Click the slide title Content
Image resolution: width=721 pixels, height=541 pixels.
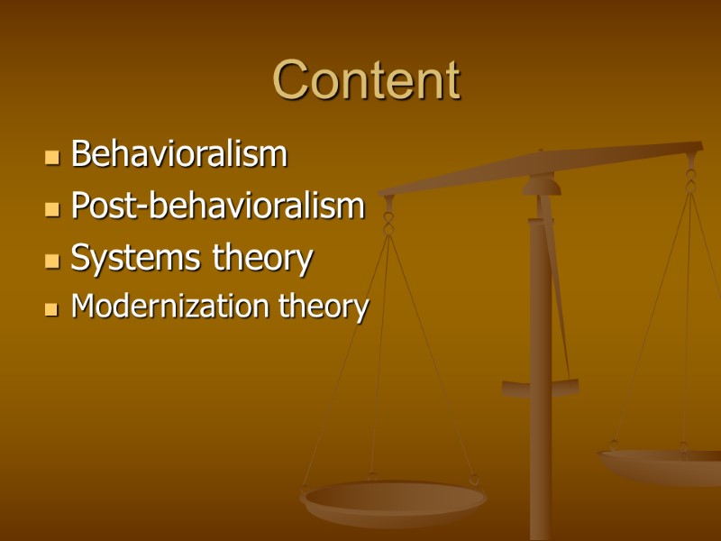(x=366, y=80)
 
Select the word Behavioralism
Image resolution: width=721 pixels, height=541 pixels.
(x=178, y=154)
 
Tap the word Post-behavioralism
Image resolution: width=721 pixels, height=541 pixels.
(x=217, y=206)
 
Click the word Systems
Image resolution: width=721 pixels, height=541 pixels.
(x=137, y=260)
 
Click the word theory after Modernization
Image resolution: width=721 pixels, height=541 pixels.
(x=324, y=307)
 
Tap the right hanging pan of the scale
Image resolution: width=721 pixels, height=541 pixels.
(x=662, y=462)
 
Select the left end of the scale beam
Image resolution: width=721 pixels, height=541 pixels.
(x=388, y=191)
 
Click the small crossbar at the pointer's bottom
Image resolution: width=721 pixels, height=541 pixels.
(x=541, y=388)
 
